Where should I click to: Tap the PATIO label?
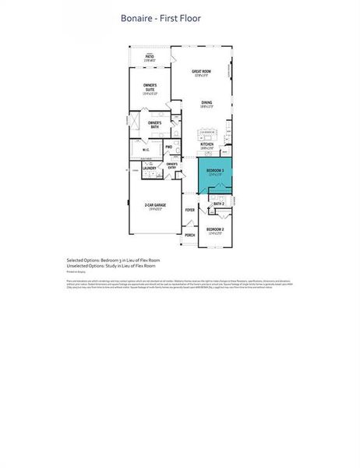point(150,56)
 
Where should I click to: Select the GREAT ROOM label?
point(201,72)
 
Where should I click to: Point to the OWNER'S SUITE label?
point(150,87)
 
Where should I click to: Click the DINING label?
point(206,102)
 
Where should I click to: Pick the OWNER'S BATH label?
point(154,123)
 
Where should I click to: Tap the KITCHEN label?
point(207,144)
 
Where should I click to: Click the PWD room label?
point(168,147)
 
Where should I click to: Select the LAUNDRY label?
point(150,167)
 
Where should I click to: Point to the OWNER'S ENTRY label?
point(171,165)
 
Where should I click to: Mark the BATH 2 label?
point(218,204)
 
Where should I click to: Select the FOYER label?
point(189,210)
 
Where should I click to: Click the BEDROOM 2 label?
point(215,229)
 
